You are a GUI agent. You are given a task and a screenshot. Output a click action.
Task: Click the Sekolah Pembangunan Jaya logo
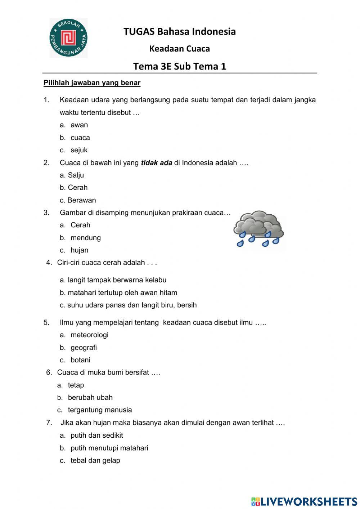click(x=68, y=38)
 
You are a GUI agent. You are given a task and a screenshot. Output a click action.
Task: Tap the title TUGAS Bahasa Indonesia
click(x=180, y=32)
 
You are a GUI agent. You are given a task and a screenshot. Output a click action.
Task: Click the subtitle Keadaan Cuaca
click(x=180, y=49)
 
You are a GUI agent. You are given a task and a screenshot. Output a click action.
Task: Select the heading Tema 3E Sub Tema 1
click(x=180, y=66)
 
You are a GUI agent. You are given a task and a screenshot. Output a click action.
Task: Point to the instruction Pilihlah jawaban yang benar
click(x=92, y=83)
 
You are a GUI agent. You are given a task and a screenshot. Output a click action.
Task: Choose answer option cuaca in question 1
click(x=80, y=138)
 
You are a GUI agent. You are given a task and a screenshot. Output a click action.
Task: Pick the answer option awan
click(x=79, y=125)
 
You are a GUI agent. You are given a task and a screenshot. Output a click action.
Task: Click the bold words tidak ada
click(x=156, y=163)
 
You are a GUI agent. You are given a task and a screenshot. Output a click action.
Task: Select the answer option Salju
click(x=75, y=175)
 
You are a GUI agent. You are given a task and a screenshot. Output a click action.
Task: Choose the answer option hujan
click(x=79, y=250)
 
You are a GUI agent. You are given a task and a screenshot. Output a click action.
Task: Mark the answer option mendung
click(x=85, y=238)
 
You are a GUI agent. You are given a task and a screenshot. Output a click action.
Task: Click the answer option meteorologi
click(x=89, y=335)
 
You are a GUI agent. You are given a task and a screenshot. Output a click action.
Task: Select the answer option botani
click(x=80, y=360)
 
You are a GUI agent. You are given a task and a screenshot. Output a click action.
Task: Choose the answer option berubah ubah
click(x=90, y=397)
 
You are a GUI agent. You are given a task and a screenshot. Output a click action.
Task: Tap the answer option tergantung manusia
click(x=100, y=410)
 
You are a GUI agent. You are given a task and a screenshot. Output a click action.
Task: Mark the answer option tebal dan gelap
click(x=95, y=460)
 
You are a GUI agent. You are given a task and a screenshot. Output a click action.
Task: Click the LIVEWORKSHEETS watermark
click(x=304, y=501)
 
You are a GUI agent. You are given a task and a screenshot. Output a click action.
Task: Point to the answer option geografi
click(x=84, y=348)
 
